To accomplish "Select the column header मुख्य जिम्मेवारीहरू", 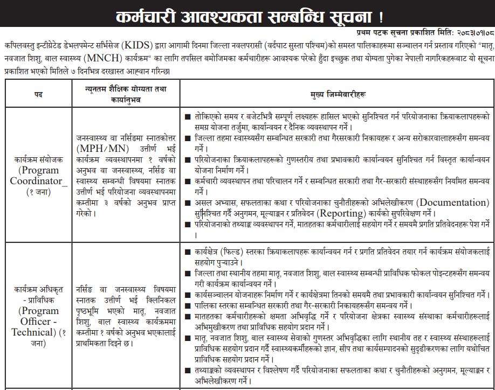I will tap(338, 94).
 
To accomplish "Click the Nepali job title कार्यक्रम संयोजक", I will tap(38, 161).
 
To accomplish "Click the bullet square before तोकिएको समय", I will tap(187, 117).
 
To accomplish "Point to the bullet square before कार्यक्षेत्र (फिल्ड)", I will tap(187, 252).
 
